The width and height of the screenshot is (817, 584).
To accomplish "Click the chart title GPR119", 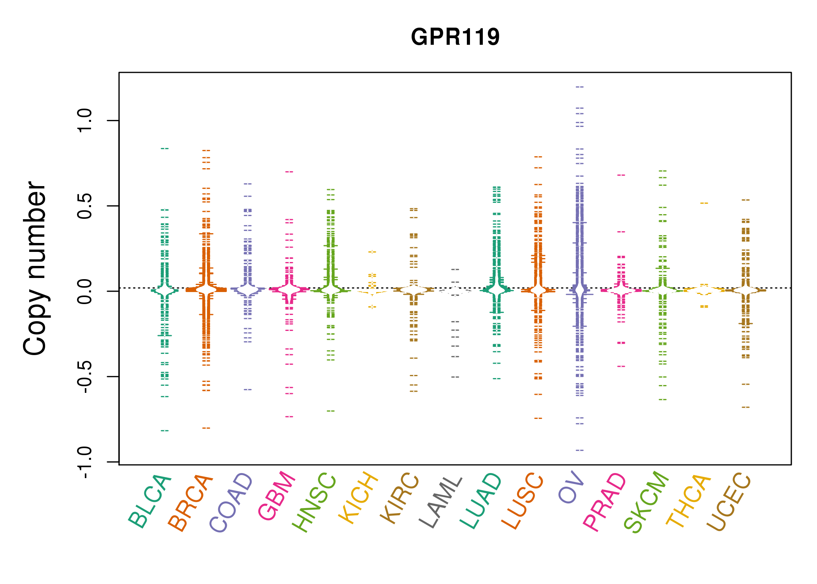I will click(x=455, y=37).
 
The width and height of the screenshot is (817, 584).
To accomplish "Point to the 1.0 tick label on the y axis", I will click(x=84, y=121).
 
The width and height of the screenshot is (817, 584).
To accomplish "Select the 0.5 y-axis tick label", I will click(x=84, y=206).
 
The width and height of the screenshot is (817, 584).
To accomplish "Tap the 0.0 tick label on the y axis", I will click(x=84, y=291).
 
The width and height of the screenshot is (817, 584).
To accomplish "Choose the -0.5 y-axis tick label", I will click(x=84, y=376).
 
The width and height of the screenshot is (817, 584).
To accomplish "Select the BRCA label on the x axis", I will click(x=191, y=503).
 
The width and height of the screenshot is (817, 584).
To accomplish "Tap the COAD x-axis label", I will click(x=231, y=503).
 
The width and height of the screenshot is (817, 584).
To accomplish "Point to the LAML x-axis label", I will click(x=441, y=502).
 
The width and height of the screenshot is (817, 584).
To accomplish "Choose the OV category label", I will click(x=571, y=487).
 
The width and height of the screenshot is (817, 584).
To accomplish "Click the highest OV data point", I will click(x=580, y=87).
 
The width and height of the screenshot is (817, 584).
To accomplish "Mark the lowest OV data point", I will click(x=580, y=450).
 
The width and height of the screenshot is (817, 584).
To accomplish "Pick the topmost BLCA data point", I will click(x=165, y=148).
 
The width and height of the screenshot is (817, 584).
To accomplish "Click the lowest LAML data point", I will click(x=455, y=377).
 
